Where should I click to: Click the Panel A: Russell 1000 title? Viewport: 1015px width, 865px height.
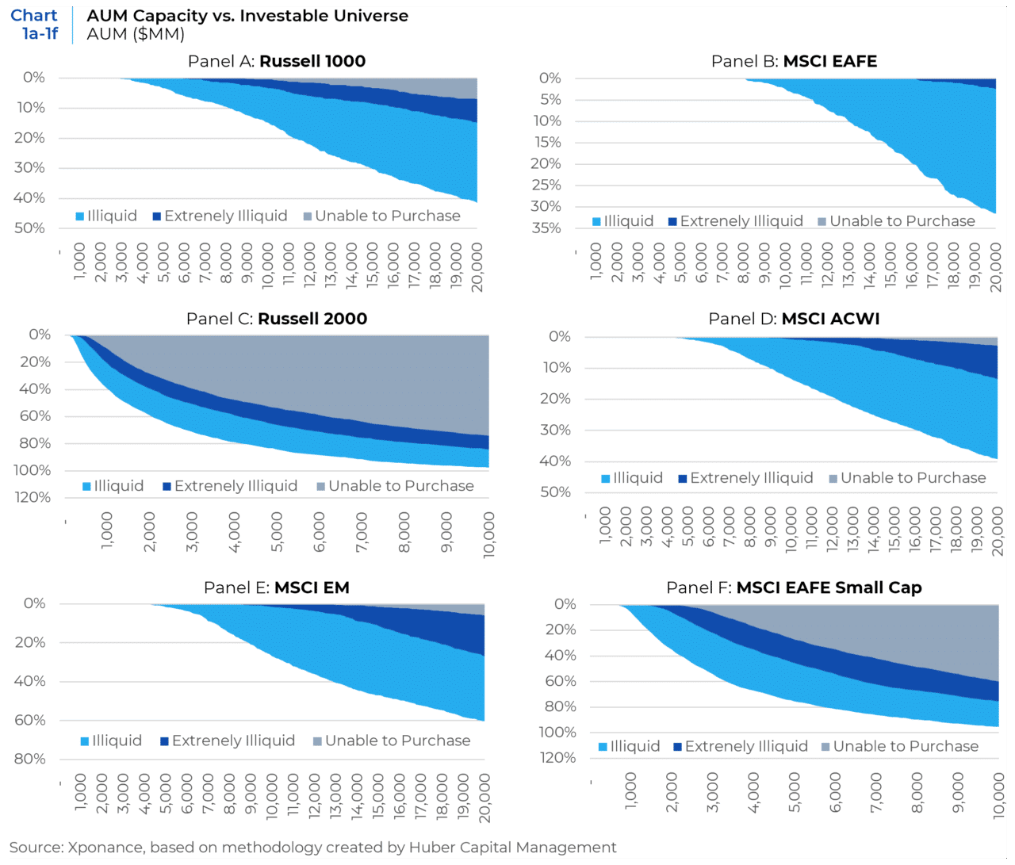[x=277, y=61]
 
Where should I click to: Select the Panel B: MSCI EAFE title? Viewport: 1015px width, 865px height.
[x=794, y=61]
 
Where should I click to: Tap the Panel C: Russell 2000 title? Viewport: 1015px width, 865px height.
[x=277, y=319]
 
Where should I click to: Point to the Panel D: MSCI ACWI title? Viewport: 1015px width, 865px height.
[x=794, y=319]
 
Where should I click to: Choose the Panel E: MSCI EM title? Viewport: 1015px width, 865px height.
[x=277, y=588]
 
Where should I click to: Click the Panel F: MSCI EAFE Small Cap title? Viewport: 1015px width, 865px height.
[x=794, y=588]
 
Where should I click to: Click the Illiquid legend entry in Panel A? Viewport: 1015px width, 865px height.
[x=106, y=216]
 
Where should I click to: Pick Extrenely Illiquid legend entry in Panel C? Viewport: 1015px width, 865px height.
[x=230, y=486]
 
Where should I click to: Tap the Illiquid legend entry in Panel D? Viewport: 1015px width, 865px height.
[x=632, y=478]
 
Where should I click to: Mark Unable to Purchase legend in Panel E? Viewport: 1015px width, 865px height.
[x=392, y=741]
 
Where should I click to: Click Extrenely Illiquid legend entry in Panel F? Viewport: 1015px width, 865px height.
[x=741, y=746]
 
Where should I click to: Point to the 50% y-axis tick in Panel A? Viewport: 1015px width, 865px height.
[x=29, y=228]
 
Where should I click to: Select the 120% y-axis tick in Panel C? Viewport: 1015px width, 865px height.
[x=34, y=497]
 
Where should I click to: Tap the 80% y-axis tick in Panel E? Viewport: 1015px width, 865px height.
[x=30, y=759]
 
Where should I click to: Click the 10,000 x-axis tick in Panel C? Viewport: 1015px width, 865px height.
[x=488, y=534]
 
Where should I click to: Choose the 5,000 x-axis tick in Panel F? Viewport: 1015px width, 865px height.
[x=794, y=793]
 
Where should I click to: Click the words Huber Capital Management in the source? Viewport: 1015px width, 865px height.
[x=512, y=848]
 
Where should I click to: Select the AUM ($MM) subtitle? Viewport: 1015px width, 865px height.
[x=136, y=34]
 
